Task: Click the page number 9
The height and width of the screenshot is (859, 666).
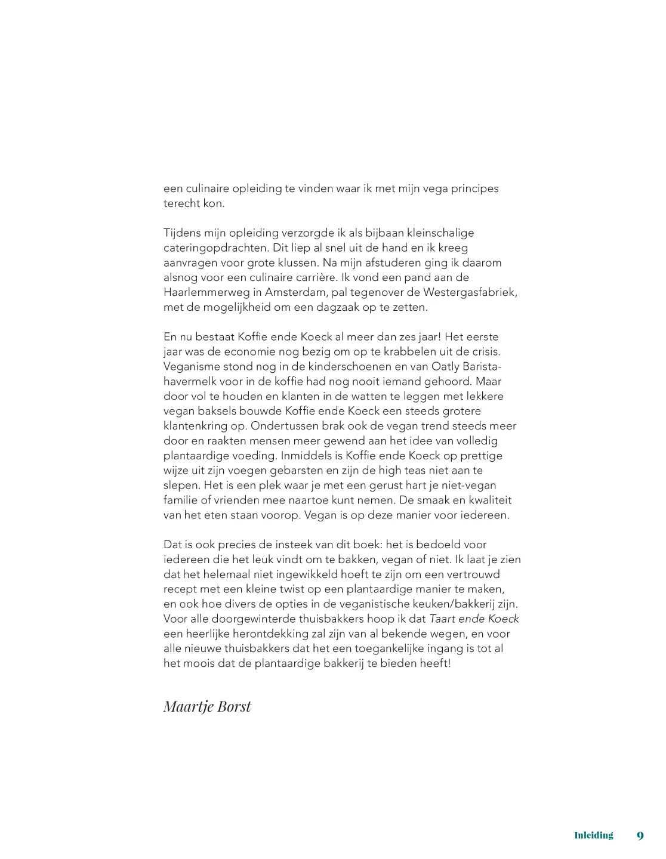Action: (640, 836)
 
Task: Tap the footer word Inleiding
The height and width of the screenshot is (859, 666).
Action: (593, 835)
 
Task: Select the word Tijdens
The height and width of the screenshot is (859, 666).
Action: (182, 233)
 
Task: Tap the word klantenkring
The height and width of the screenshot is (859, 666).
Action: (195, 426)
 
